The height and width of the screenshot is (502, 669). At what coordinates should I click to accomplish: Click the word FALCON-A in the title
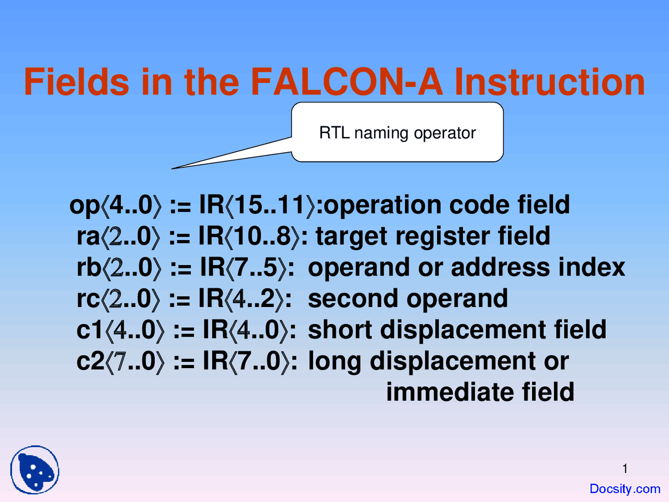pyautogui.click(x=347, y=82)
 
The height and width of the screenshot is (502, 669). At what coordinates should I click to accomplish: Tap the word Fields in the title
pyautogui.click(x=76, y=82)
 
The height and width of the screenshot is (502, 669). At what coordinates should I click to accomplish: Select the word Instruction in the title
pyautogui.click(x=549, y=82)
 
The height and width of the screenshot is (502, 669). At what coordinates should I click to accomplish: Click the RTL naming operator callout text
pyautogui.click(x=397, y=133)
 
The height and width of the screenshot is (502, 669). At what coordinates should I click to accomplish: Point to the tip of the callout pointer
pyautogui.click(x=172, y=168)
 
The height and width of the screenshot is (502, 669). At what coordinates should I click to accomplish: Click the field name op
pyautogui.click(x=85, y=206)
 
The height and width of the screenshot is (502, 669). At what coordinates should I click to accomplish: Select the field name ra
pyautogui.click(x=88, y=236)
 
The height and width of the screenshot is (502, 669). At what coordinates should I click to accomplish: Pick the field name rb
pyautogui.click(x=89, y=267)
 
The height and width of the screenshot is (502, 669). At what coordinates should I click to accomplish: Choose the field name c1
pyautogui.click(x=89, y=330)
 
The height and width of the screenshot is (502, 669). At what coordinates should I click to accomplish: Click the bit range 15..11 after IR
pyautogui.click(x=270, y=204)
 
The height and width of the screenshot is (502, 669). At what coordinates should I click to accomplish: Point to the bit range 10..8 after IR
pyautogui.click(x=262, y=236)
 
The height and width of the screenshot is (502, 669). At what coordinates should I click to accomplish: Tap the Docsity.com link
pyautogui.click(x=625, y=488)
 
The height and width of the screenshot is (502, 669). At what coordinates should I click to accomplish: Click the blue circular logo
pyautogui.click(x=35, y=470)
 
